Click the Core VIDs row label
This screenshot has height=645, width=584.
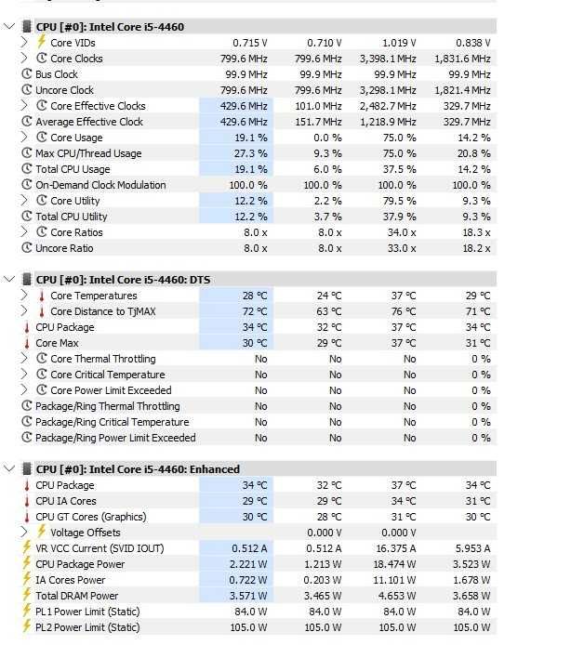coord(73,43)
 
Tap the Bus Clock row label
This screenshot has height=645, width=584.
coord(57,74)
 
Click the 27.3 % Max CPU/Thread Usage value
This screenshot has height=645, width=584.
coord(250,153)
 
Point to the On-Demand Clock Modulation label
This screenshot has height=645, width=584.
coord(100,185)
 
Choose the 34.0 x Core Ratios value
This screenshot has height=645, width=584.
coord(402,232)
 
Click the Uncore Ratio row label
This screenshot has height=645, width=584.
coord(64,248)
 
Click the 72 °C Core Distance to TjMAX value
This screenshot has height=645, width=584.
coord(255,311)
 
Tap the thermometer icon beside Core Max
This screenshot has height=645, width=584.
coord(27,343)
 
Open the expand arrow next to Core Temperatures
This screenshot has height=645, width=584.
coord(24,296)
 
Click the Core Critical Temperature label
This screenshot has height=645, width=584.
coord(108,375)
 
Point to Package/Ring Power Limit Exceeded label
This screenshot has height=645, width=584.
coord(115,438)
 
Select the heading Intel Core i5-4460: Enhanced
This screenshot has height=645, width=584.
coord(138,469)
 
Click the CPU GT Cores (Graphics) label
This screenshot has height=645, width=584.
coord(91,517)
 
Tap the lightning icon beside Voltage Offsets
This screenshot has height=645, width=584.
coord(42,532)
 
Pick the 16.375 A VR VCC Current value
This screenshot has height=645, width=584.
coord(396,548)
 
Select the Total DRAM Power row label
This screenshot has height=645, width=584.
coord(77,596)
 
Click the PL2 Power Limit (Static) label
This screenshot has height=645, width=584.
coord(87,627)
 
